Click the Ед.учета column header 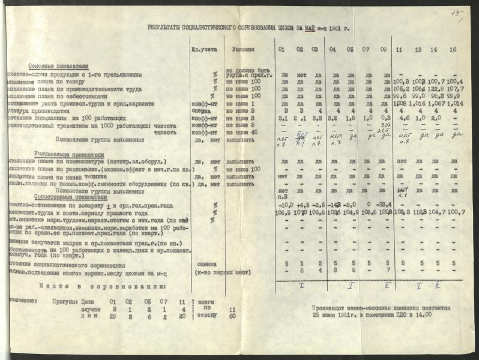click(203, 49)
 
